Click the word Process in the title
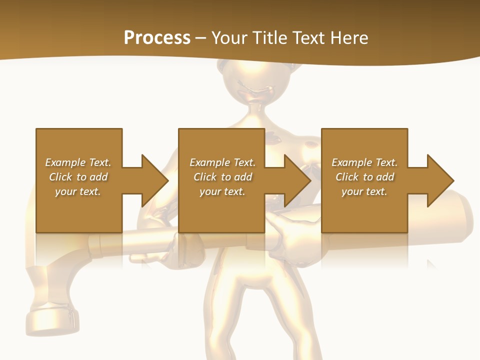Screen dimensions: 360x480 click(157, 38)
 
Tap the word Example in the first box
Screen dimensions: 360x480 click(65, 162)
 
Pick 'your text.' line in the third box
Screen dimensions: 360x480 click(364, 191)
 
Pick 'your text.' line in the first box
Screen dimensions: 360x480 click(78, 191)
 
